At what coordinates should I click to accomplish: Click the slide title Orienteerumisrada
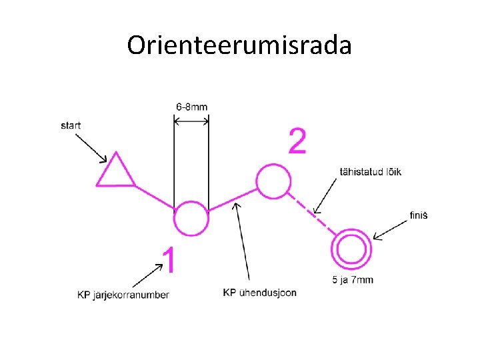pyautogui.click(x=239, y=45)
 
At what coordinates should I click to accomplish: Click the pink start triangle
pyautogui.click(x=116, y=171)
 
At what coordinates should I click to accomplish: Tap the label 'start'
pyautogui.click(x=71, y=125)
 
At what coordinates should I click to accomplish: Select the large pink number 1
pyautogui.click(x=170, y=259)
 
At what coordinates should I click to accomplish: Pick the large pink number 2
pyautogui.click(x=297, y=141)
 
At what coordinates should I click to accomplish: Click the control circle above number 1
pyautogui.click(x=191, y=218)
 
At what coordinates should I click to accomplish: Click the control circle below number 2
pyautogui.click(x=273, y=181)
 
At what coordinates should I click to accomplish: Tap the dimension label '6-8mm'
pyautogui.click(x=191, y=107)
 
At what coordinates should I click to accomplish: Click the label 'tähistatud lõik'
pyautogui.click(x=371, y=172)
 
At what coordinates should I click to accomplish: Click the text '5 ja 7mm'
pyautogui.click(x=352, y=279)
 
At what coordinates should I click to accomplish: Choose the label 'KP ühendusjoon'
pyautogui.click(x=259, y=292)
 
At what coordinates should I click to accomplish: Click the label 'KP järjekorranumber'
pyautogui.click(x=123, y=295)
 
